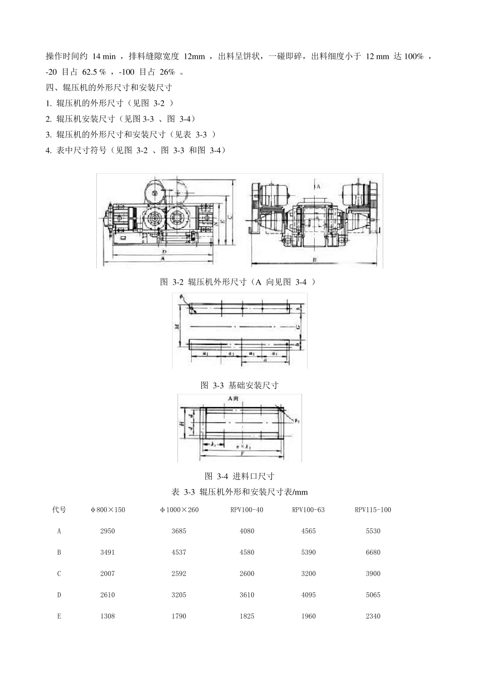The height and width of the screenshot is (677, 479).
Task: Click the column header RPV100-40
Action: coord(247,509)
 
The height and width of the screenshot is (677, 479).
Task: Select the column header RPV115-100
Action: coord(373,509)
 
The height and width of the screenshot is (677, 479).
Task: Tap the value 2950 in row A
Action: coord(107,531)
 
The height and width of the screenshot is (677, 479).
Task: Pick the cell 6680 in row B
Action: coord(373,552)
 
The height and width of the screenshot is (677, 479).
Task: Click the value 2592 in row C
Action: coord(178,573)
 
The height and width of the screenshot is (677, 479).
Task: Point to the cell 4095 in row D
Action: coord(308,595)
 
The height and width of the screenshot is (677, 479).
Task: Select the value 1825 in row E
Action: coord(247,616)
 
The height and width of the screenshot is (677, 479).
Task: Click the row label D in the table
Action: coord(59,595)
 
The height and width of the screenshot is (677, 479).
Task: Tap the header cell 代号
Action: coord(59,509)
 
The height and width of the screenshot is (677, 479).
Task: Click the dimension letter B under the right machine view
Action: coord(314,260)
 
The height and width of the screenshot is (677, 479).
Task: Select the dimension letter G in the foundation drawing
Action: coord(298,327)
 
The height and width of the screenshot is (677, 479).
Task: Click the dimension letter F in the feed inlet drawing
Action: coord(243,454)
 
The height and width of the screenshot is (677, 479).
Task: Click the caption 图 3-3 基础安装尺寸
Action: coord(239,385)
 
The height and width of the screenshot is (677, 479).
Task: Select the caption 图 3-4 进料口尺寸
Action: coord(239,476)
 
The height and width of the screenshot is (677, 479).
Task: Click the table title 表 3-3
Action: coord(184,492)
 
